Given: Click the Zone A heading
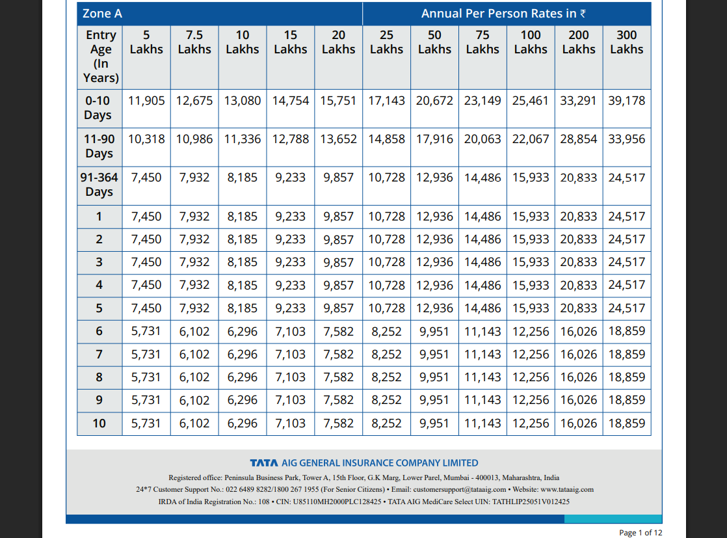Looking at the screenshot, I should pyautogui.click(x=102, y=14).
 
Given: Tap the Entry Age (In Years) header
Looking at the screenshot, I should pyautogui.click(x=101, y=57).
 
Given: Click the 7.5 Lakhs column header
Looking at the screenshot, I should pyautogui.click(x=194, y=42).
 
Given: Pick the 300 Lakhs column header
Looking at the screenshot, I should pyautogui.click(x=627, y=42).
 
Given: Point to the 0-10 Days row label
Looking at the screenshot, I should pyautogui.click(x=98, y=108).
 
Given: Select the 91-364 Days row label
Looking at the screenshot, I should pyautogui.click(x=99, y=185).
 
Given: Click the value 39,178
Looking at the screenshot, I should pyautogui.click(x=627, y=101).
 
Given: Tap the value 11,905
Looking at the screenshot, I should pyautogui.click(x=146, y=101).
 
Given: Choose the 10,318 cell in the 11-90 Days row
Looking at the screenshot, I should pyautogui.click(x=146, y=139).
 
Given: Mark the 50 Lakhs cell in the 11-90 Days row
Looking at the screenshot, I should pyautogui.click(x=434, y=139).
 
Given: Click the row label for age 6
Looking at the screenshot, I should pyautogui.click(x=99, y=331).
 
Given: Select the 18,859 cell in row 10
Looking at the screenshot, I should pyautogui.click(x=627, y=424).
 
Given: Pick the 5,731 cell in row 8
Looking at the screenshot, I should pyautogui.click(x=146, y=377).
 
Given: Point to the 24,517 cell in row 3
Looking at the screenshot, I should pyautogui.click(x=627, y=262).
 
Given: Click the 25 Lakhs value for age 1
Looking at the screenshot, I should pyautogui.click(x=386, y=217).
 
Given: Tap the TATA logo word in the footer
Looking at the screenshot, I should pyautogui.click(x=264, y=463).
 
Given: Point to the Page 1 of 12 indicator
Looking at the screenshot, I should pyautogui.click(x=641, y=533).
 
